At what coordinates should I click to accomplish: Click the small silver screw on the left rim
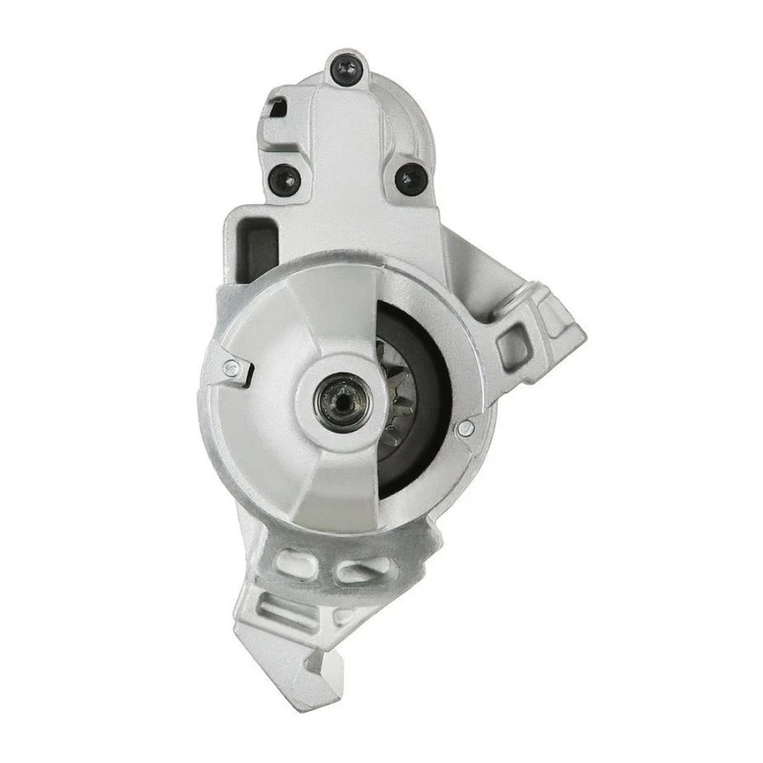[x=231, y=367]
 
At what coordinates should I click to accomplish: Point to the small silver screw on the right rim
[x=467, y=428]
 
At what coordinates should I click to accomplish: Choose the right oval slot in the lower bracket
[x=354, y=569]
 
